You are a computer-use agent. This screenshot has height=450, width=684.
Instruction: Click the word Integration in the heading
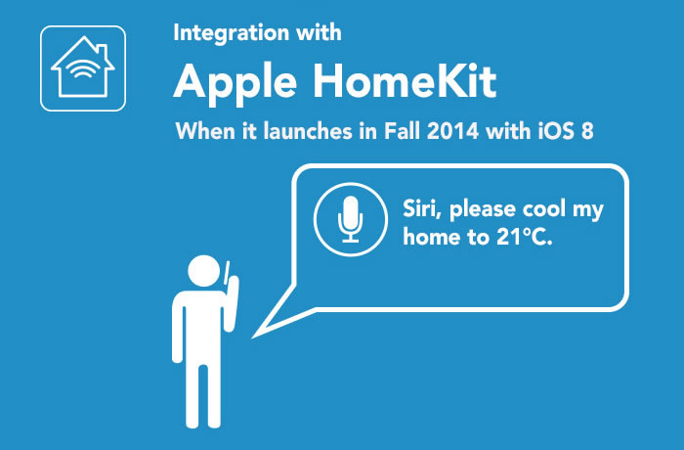(232, 33)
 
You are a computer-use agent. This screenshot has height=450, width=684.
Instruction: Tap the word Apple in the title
(235, 83)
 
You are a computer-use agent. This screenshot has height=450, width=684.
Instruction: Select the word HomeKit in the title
(405, 81)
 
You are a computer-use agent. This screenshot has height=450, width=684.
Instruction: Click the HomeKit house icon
(83, 68)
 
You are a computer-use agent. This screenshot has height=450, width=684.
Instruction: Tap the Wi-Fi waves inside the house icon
(81, 69)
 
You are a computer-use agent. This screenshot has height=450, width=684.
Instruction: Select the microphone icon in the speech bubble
(350, 220)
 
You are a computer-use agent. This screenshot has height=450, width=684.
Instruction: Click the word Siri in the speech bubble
(419, 208)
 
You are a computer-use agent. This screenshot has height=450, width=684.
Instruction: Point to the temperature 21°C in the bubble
(525, 238)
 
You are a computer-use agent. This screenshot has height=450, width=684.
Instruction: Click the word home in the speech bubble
(431, 238)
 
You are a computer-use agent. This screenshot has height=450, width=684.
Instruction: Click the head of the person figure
(203, 271)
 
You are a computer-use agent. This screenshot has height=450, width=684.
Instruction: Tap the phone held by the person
(226, 272)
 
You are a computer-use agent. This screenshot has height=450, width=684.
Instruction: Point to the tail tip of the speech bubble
(252, 337)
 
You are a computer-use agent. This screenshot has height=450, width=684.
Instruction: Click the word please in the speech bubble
(482, 210)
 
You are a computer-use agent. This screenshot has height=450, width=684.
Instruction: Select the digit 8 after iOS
(587, 131)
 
